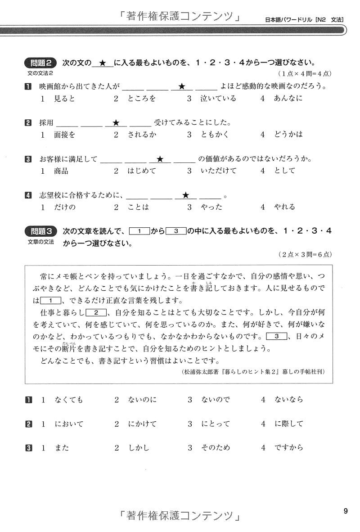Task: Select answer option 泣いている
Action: click(218, 99)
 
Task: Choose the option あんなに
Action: click(288, 99)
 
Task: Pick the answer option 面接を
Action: click(64, 135)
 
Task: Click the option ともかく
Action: click(214, 135)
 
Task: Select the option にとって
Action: click(215, 424)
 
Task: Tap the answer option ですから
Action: click(288, 447)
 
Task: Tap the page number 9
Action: click(345, 511)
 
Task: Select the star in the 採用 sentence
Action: click(116, 122)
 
